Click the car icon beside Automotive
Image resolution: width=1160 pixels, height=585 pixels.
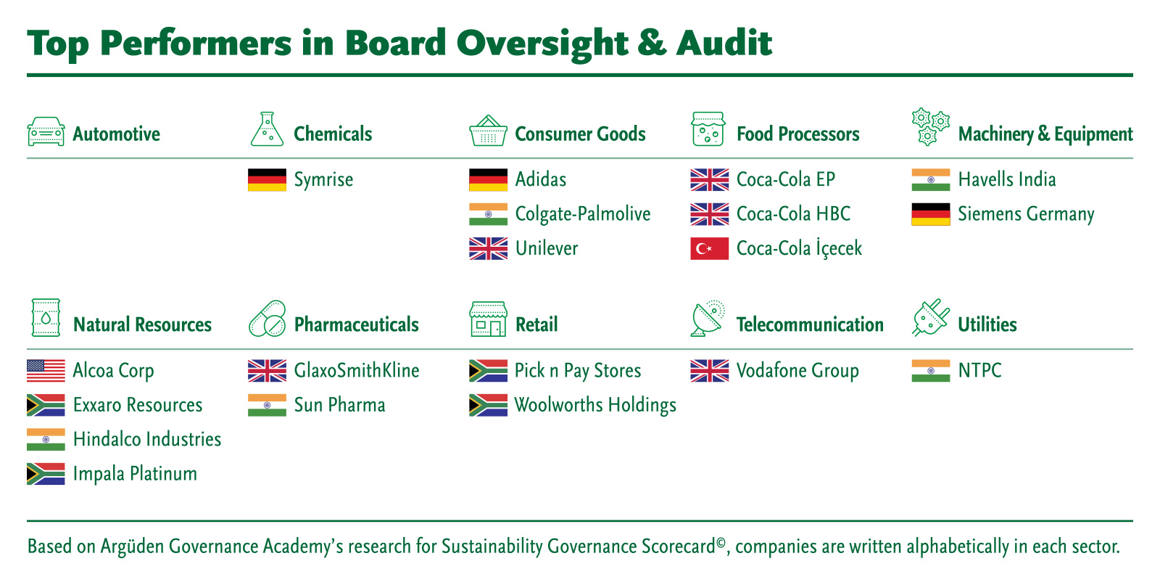point(46,131)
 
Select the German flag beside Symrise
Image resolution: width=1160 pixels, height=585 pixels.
point(268,180)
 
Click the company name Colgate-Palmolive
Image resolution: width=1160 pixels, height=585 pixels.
point(583,214)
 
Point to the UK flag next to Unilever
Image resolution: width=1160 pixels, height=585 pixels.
point(489,248)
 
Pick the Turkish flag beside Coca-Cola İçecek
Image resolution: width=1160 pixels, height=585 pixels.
point(710,248)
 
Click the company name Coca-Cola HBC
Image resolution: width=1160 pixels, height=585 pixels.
point(793,213)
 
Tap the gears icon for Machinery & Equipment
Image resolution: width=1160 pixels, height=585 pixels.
point(931,127)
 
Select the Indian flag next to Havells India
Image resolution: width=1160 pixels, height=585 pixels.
point(931,180)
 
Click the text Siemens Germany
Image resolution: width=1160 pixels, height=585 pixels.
point(1026,214)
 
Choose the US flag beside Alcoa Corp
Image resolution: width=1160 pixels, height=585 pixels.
point(46,371)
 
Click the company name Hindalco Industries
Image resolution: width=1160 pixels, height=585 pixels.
point(147,439)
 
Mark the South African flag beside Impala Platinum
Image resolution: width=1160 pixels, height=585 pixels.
point(46,474)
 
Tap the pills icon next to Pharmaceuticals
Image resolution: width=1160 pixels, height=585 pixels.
point(268,319)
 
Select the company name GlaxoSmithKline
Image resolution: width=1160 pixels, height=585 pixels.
point(356,370)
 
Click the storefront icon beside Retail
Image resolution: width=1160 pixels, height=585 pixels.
point(489,319)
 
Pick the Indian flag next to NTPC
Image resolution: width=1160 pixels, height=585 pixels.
point(931,371)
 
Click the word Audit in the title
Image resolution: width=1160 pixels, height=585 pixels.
point(724,43)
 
